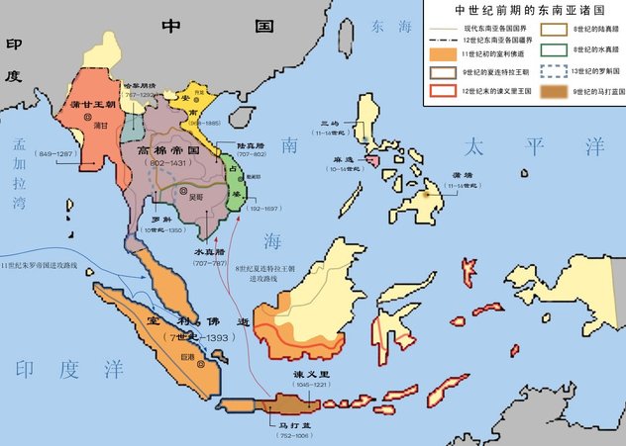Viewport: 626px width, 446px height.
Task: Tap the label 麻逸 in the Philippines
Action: pyautogui.click(x=344, y=159)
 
